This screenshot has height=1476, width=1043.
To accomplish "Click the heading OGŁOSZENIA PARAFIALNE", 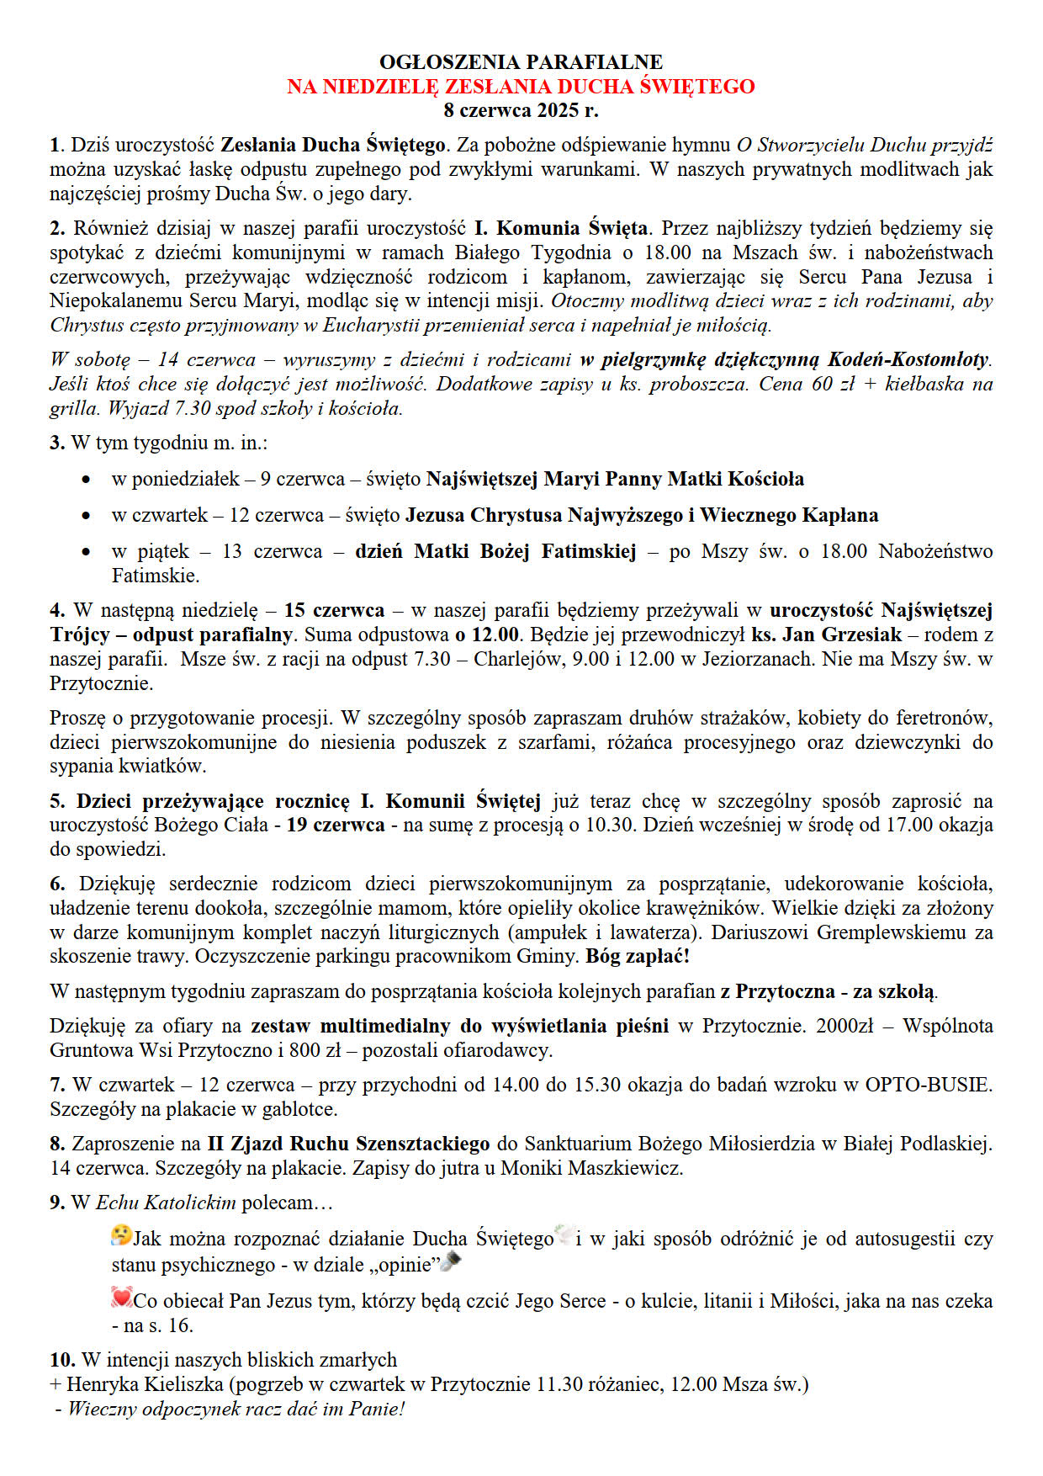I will click(521, 62).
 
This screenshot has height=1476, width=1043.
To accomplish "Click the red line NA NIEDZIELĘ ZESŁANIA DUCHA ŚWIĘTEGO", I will click(521, 87).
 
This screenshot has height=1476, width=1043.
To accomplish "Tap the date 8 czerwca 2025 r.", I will click(521, 110).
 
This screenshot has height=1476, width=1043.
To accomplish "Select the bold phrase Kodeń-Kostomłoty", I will click(908, 360).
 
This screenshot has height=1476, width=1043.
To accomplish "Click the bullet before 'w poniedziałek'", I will click(86, 480).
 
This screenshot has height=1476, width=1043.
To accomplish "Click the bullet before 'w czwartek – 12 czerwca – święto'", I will click(86, 516).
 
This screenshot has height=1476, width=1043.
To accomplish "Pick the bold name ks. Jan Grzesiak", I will click(826, 634).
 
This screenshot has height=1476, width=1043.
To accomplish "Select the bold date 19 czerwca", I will click(336, 825).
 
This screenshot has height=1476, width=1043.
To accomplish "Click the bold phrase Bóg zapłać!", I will click(638, 957).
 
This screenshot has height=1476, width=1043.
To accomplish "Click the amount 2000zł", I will click(844, 1026).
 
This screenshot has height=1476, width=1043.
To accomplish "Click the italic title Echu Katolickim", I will click(166, 1203).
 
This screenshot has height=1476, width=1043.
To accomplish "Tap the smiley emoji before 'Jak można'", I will click(121, 1235).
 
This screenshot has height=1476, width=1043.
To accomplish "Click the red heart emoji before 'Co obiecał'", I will click(121, 1298).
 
